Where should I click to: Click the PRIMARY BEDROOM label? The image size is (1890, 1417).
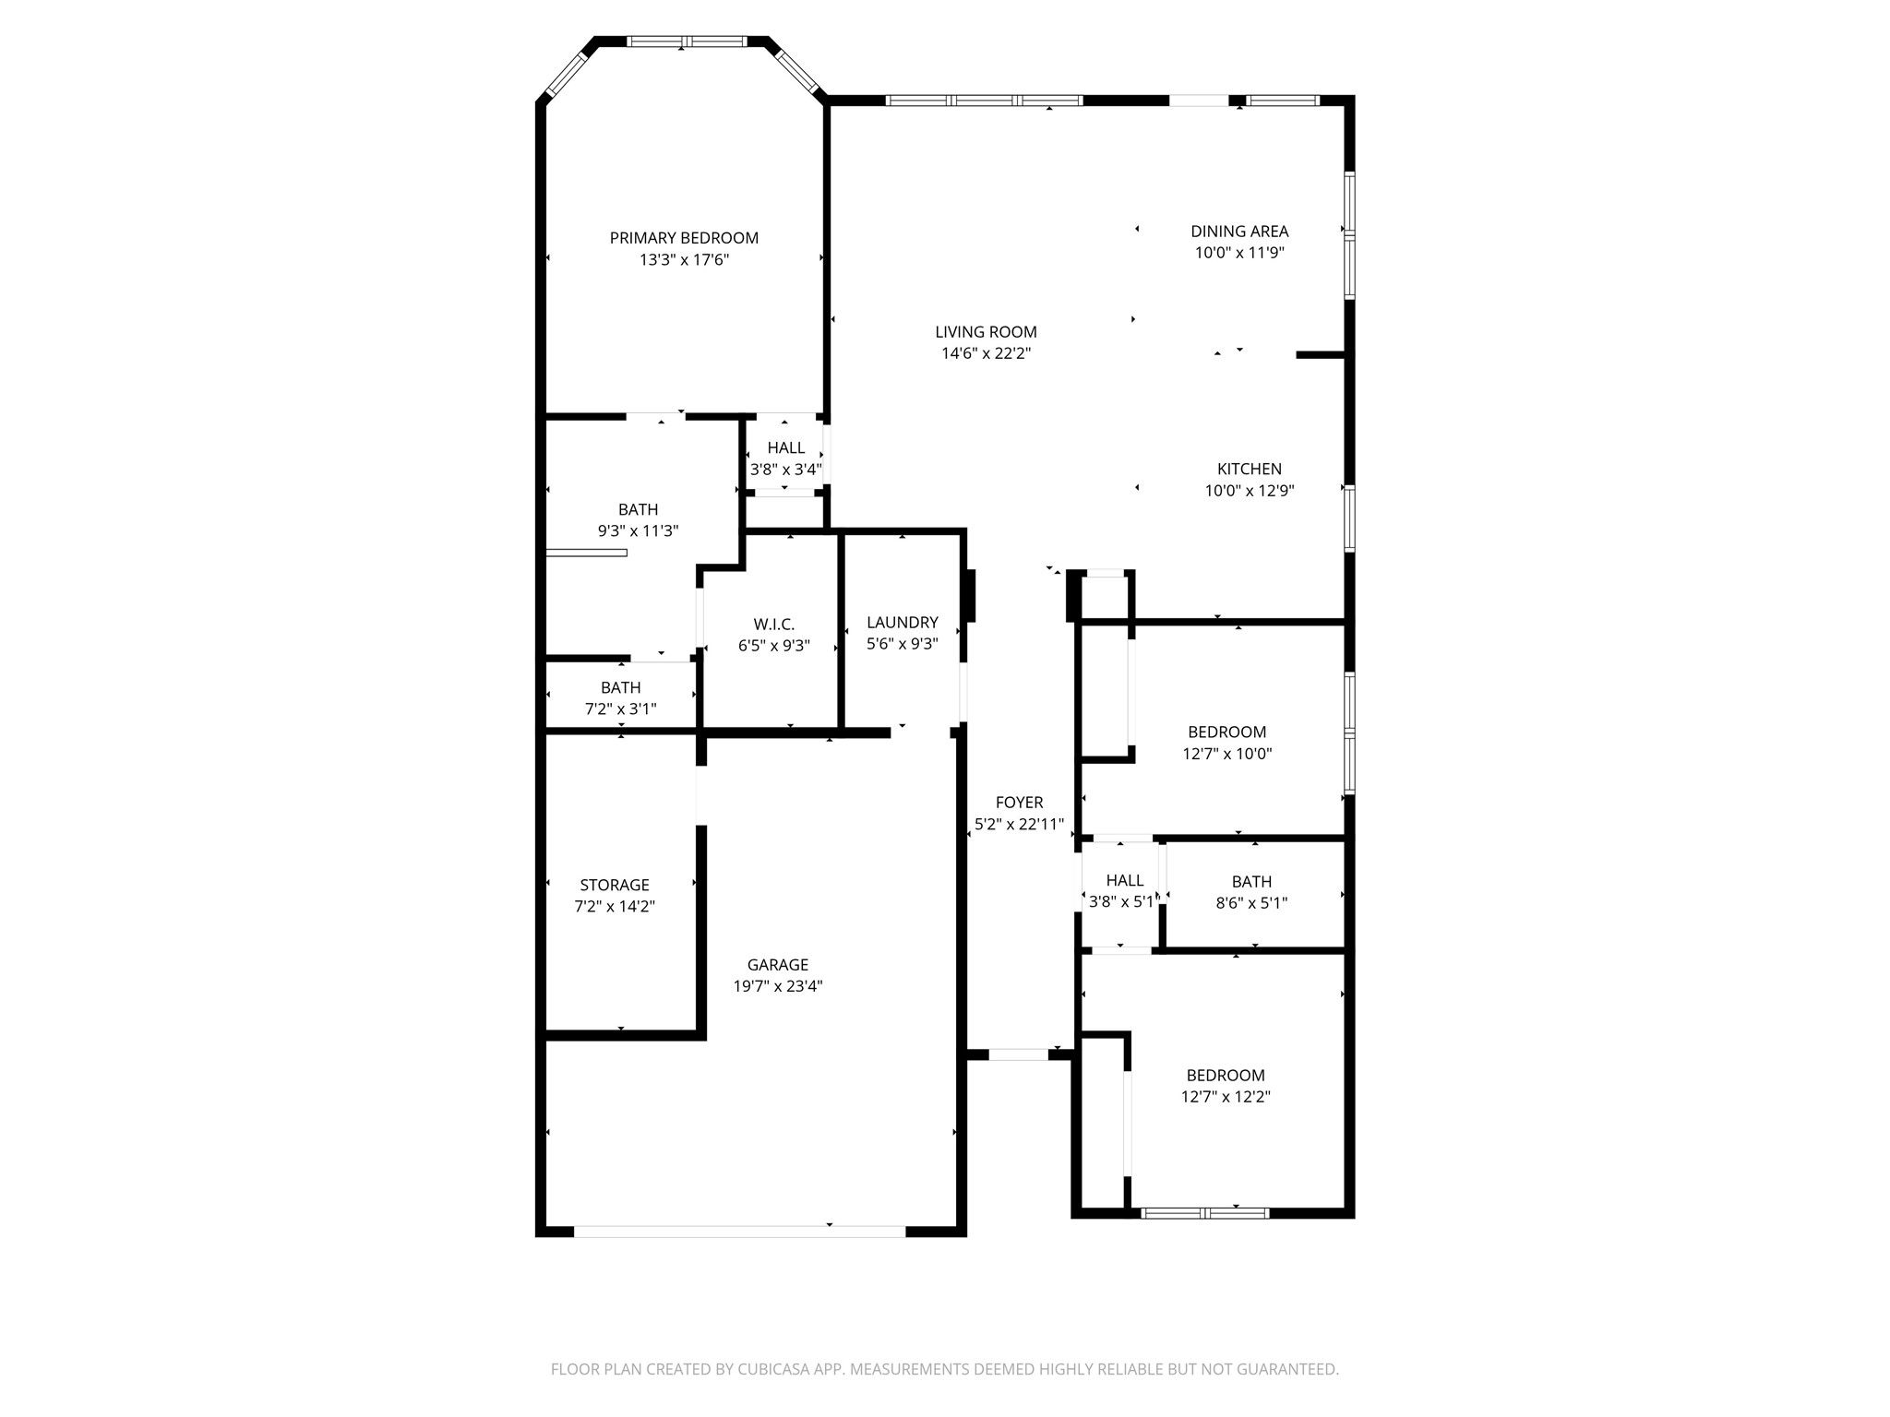pos(684,238)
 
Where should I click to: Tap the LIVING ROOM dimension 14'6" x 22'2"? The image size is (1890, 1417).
pos(986,353)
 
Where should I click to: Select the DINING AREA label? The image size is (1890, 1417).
pos(1239,232)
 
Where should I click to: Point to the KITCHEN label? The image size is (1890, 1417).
pos(1250,469)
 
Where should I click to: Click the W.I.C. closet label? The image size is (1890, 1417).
pos(773,625)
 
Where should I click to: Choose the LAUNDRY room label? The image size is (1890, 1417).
pos(903,623)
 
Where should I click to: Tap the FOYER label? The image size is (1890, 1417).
pos(1020,803)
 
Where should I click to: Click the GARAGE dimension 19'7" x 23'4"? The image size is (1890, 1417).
pos(778,986)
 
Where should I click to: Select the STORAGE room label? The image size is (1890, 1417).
pos(615,885)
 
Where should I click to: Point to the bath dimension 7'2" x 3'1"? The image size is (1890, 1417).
pos(621,709)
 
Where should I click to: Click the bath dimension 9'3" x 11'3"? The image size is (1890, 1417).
pos(639,531)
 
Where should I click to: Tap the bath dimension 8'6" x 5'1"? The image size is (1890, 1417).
pos(1251,903)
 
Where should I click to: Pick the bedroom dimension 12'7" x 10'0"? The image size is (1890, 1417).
pos(1227,754)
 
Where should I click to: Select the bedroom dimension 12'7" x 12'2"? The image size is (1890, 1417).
pos(1226,1097)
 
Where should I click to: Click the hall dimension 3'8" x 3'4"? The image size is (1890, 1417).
pos(785,470)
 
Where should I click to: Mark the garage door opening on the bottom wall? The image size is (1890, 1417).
pos(740,1231)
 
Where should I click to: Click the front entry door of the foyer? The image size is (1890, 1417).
pos(1018,1054)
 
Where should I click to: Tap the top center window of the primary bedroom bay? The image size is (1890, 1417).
pos(688,42)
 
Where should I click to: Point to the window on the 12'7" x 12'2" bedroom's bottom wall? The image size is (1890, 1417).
pos(1205,1213)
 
